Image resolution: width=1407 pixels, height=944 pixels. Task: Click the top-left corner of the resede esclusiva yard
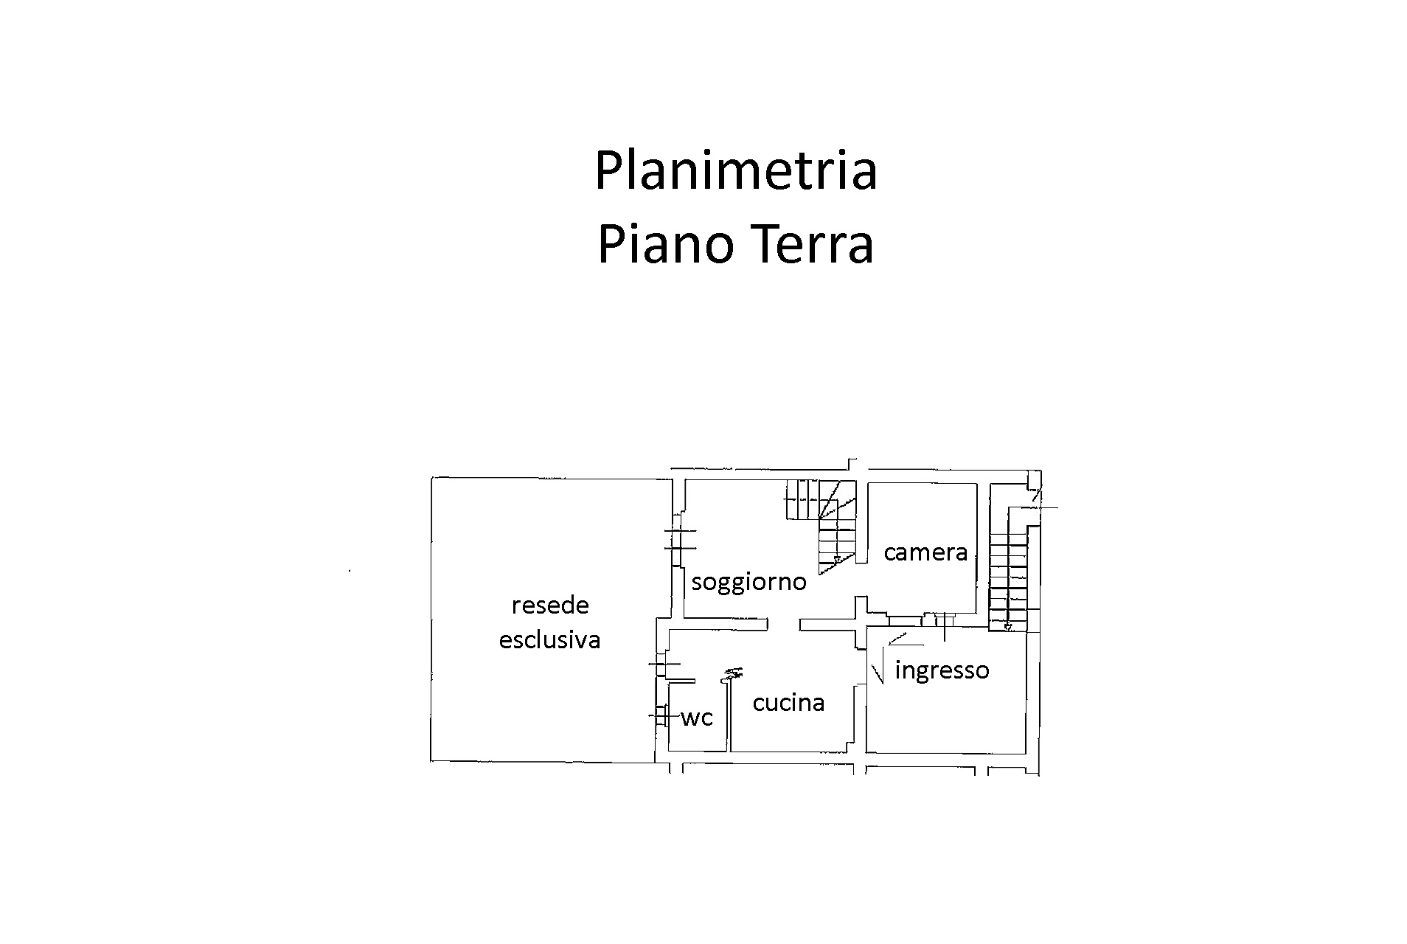[x=432, y=478]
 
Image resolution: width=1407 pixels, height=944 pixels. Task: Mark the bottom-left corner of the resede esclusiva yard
[x=432, y=760]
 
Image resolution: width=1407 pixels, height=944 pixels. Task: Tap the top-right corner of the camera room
[x=978, y=484]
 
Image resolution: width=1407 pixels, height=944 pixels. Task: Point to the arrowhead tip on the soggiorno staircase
[x=836, y=563]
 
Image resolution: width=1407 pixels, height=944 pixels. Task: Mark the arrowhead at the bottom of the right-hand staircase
[x=1008, y=628]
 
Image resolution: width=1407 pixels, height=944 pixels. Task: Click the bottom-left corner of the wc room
[x=670, y=751]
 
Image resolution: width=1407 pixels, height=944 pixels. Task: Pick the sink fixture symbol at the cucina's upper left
[x=733, y=673]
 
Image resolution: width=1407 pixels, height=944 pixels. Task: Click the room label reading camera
[x=925, y=552]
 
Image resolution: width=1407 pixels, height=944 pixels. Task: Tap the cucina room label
[x=788, y=703]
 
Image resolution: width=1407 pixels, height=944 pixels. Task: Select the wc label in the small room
[x=697, y=718]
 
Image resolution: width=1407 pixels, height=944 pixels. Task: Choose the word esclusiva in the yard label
[x=549, y=639]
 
